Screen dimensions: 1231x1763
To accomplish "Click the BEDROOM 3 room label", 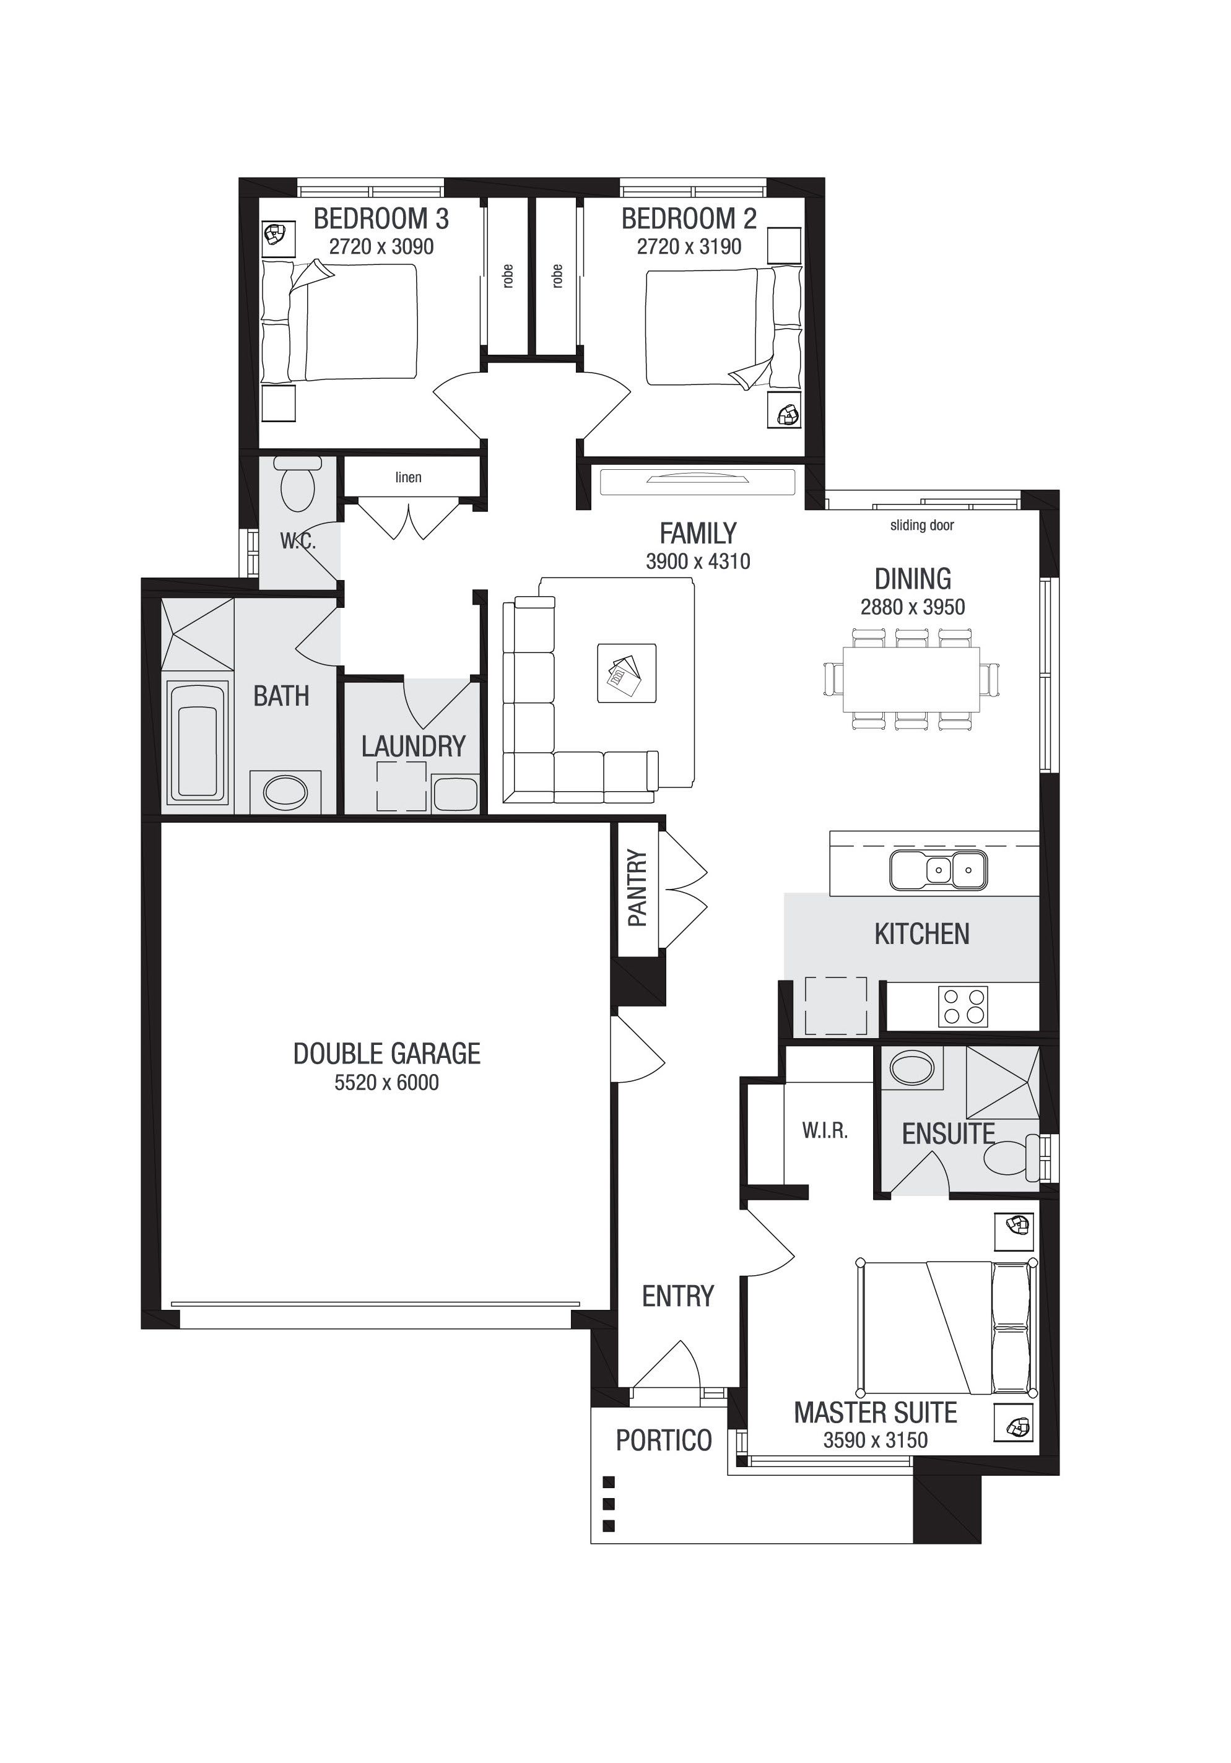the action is pos(381,219).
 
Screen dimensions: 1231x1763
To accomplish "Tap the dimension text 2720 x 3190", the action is pos(689,246).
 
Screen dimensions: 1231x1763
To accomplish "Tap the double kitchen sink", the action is pos(938,869).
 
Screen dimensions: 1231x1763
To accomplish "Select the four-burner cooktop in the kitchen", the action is pos(963,1005).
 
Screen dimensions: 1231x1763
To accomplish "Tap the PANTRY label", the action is pos(637,888).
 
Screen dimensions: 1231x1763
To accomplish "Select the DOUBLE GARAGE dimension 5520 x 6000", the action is pos(386,1083).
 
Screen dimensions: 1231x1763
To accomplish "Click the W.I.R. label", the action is pos(825,1130).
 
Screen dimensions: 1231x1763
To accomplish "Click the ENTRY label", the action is pos(678,1297).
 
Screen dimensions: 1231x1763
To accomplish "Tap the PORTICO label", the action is pos(664,1440).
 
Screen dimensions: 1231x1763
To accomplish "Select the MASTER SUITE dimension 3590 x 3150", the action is pos(876,1440).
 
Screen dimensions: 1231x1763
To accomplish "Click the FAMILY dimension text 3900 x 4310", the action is pos(698,561).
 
